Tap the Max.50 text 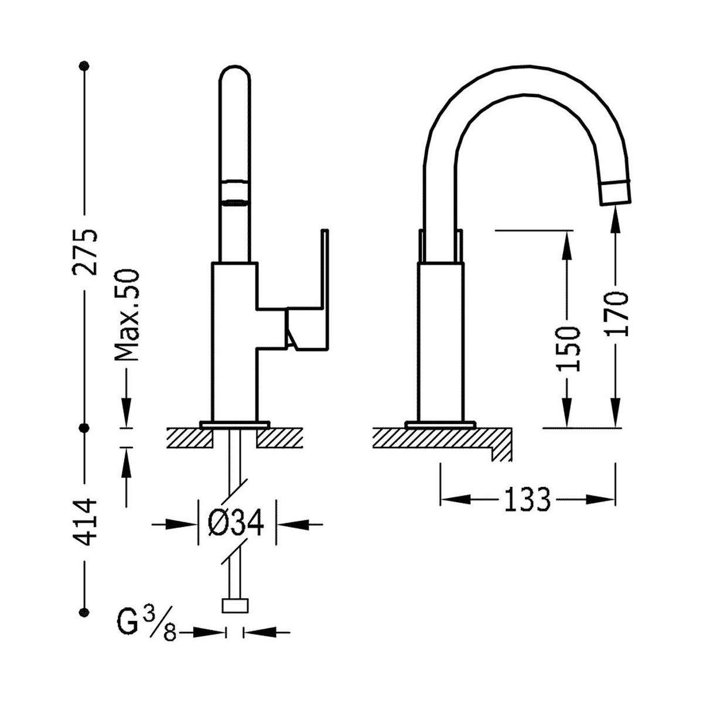(127, 315)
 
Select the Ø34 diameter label (236, 523)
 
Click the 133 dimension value (527, 500)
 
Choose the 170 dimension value (616, 313)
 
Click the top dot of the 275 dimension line (84, 66)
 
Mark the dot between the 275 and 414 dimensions (84, 428)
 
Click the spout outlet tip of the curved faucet (616, 192)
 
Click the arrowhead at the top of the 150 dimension (568, 245)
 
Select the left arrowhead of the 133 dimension (455, 500)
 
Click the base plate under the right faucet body (441, 424)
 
